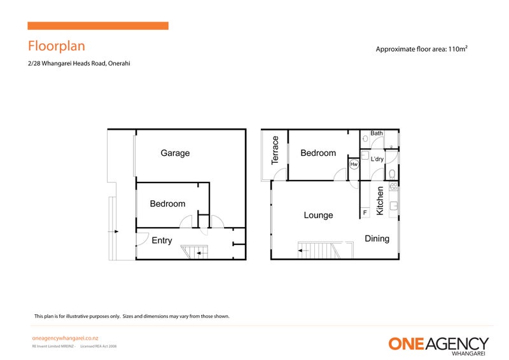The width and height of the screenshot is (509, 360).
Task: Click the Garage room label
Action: pyautogui.click(x=175, y=153)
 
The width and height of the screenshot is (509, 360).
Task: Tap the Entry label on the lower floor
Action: pyautogui.click(x=162, y=240)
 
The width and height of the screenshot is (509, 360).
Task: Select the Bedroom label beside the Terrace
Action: pyautogui.click(x=318, y=153)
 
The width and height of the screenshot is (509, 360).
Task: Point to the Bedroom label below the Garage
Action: pyautogui.click(x=167, y=204)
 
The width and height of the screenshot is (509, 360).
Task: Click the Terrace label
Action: pyautogui.click(x=275, y=150)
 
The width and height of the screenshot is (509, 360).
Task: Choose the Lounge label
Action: pyautogui.click(x=318, y=216)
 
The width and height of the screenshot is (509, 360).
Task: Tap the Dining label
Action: pyautogui.click(x=377, y=239)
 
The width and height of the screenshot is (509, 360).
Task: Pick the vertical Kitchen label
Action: pyautogui.click(x=380, y=200)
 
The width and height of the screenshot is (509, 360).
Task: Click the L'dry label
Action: pyautogui.click(x=377, y=159)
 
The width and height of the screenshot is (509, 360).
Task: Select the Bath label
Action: pyautogui.click(x=377, y=134)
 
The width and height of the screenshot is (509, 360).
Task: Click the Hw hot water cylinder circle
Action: pyautogui.click(x=354, y=164)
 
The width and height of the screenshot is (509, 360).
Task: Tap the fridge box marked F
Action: pyautogui.click(x=365, y=212)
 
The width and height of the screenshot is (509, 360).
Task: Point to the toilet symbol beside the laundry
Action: pyautogui.click(x=393, y=173)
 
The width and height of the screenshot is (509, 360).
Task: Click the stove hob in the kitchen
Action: pyautogui.click(x=393, y=186)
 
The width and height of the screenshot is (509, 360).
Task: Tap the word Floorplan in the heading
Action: pyautogui.click(x=56, y=46)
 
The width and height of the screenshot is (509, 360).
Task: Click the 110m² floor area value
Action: pyautogui.click(x=458, y=49)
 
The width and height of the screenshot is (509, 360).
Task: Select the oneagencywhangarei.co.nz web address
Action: pyautogui.click(x=64, y=339)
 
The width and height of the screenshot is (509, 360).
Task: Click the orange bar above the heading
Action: pyautogui.click(x=98, y=26)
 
